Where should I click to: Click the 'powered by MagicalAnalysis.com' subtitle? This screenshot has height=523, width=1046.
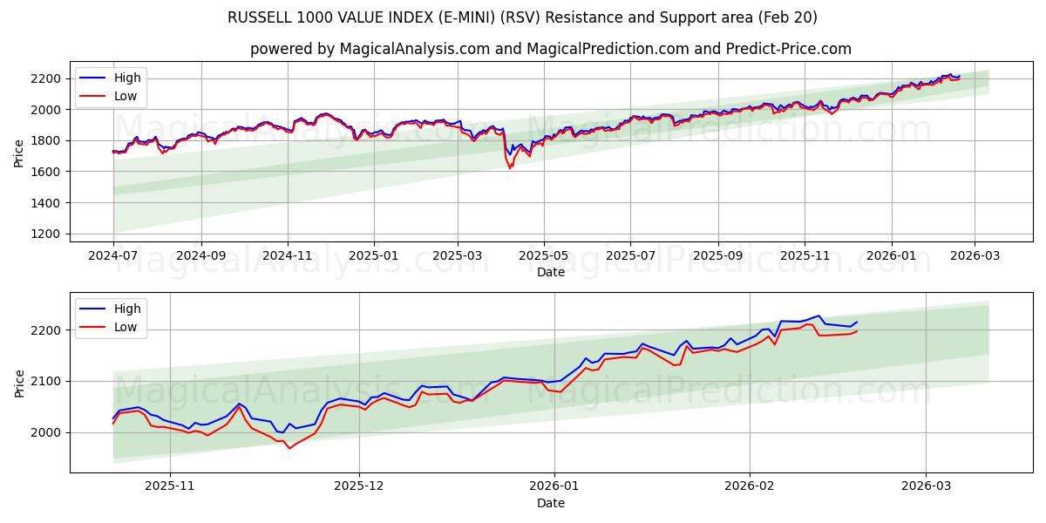(x=551, y=49)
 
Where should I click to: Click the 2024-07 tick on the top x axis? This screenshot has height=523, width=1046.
(x=113, y=256)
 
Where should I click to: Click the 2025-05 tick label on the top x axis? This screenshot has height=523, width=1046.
(x=544, y=256)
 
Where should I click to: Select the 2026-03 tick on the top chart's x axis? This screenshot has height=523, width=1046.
(x=975, y=256)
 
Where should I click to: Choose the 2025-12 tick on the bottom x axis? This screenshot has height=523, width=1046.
(x=359, y=487)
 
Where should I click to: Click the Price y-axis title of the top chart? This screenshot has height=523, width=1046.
(x=19, y=153)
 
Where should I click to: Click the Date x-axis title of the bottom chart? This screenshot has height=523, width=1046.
(x=551, y=503)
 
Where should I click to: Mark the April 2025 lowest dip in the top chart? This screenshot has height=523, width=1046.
(x=510, y=167)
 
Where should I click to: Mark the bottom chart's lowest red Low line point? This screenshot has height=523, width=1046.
(x=289, y=447)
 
